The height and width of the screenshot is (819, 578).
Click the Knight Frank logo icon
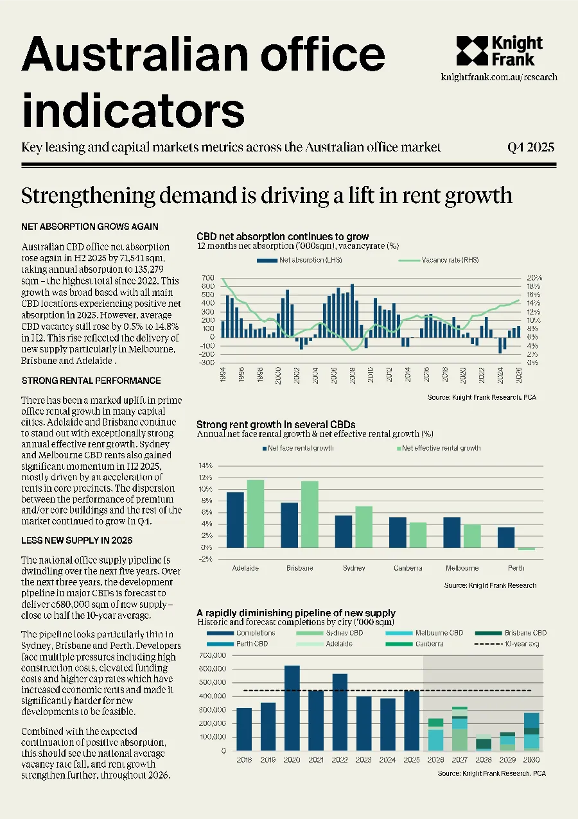pyautogui.click(x=472, y=51)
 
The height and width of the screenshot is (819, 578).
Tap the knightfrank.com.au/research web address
pyautogui.click(x=499, y=77)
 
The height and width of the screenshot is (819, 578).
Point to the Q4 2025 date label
pyautogui.click(x=530, y=148)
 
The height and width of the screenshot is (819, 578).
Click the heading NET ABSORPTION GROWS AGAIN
pyautogui.click(x=90, y=227)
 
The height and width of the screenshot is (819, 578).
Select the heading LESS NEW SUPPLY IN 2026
pyautogui.click(x=77, y=540)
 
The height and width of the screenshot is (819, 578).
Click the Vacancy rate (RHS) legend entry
pyautogui.click(x=438, y=260)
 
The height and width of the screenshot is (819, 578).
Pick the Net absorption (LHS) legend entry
pyautogui.click(x=299, y=260)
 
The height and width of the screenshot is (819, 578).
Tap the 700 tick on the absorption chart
pyautogui.click(x=208, y=278)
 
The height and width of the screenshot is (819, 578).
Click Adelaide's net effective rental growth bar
pyautogui.click(x=256, y=513)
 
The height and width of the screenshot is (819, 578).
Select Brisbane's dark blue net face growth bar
pyautogui.click(x=290, y=526)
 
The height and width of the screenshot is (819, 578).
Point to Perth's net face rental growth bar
pyautogui.click(x=506, y=537)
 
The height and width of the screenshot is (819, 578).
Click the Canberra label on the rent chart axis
pyautogui.click(x=408, y=568)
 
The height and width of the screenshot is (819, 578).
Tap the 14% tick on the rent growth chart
pyautogui.click(x=206, y=465)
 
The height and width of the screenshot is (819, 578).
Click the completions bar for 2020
pyautogui.click(x=292, y=708)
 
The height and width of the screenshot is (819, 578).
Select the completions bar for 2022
pyautogui.click(x=340, y=712)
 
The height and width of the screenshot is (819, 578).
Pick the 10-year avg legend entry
pyautogui.click(x=507, y=644)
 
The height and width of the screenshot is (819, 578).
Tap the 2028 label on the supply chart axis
pyautogui.click(x=484, y=760)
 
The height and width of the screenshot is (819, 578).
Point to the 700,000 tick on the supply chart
pyautogui.click(x=213, y=655)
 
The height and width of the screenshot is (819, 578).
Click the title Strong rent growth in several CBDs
pyautogui.click(x=276, y=424)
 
